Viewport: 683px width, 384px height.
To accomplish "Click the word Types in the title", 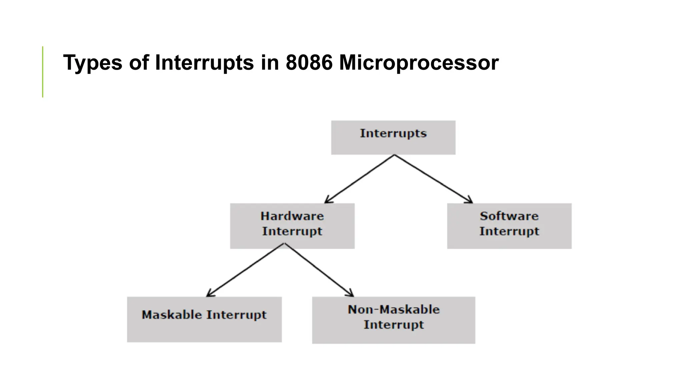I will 93,63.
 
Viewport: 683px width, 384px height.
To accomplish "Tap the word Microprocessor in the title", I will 419,63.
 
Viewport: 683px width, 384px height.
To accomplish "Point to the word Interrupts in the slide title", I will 204,63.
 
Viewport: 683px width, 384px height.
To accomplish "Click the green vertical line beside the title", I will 43,72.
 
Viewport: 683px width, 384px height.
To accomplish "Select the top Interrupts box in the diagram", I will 393,137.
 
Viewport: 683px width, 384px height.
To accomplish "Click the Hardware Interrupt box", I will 292,226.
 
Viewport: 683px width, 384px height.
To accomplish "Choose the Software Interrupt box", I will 509,226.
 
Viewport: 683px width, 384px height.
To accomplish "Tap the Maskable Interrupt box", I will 204,319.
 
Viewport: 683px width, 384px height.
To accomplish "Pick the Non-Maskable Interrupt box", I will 394,320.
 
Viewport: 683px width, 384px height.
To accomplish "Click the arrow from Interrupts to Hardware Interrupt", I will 360,179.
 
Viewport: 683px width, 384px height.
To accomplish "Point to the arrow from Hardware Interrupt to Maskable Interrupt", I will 245,270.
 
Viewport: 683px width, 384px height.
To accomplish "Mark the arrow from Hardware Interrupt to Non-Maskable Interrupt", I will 318,270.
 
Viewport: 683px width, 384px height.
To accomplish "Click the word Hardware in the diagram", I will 292,216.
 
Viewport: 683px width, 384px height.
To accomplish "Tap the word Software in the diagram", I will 509,216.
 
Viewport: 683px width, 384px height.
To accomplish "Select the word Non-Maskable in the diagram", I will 394,309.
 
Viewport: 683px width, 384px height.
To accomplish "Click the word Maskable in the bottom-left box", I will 171,315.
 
